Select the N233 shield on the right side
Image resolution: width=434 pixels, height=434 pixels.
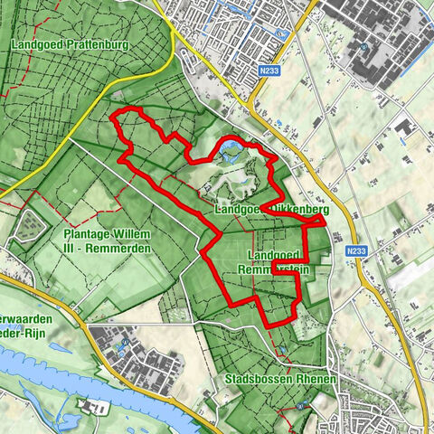[357, 242]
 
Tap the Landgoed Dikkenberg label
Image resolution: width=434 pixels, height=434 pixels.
[270, 209]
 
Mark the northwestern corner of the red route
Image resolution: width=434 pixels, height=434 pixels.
[112, 115]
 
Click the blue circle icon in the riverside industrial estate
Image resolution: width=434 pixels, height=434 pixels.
[123, 343]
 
